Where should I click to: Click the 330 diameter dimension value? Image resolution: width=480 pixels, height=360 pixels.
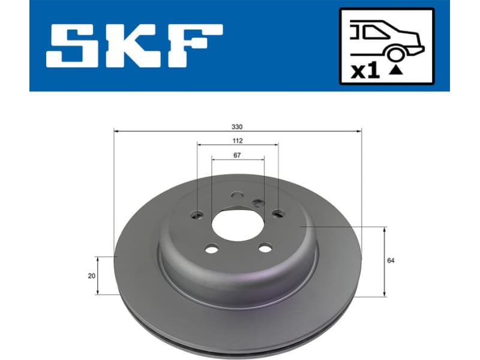(x=238, y=126)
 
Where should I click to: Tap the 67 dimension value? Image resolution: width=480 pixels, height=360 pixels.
(x=238, y=155)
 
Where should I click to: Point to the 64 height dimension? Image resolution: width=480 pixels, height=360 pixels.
(x=391, y=260)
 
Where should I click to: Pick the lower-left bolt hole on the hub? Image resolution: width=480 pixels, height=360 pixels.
(x=211, y=248)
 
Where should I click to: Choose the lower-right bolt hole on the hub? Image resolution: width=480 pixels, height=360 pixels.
(x=265, y=248)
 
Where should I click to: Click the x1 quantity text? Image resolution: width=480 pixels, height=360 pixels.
(x=365, y=71)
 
